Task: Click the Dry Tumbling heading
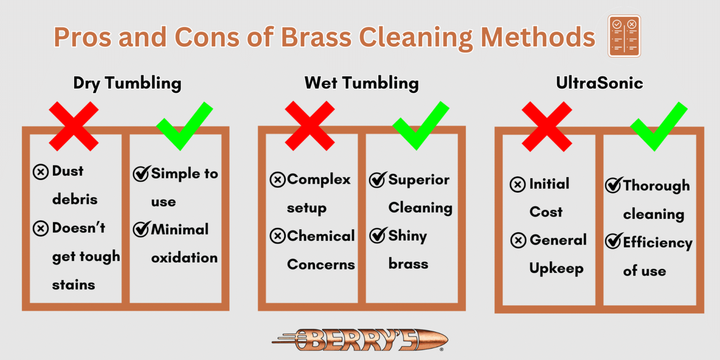127,84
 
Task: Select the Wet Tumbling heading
361,84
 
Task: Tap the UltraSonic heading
599,84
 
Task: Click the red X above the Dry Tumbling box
74,126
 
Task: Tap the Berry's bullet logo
360,340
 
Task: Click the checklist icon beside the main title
624,36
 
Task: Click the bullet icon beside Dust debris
41,172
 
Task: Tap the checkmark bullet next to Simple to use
141,174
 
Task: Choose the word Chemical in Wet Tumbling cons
321,236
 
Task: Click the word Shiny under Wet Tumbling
407,236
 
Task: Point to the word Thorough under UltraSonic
656,186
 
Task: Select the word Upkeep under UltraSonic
556,269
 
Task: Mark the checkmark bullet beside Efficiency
613,242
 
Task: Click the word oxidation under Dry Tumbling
184,258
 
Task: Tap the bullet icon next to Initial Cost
517,185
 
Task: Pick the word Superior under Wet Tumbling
419,180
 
